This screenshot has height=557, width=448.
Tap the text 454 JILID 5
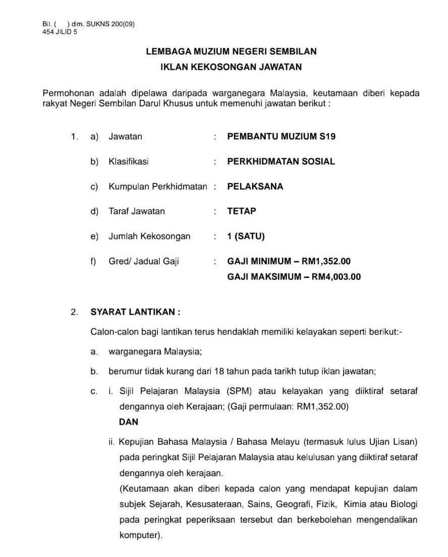60,31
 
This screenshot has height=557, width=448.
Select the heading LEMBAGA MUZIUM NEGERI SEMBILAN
231,51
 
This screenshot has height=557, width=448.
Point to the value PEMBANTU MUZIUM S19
281,136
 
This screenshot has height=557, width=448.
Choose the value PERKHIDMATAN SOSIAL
281,161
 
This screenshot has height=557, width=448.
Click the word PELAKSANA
255,186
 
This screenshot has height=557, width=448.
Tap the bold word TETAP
242,211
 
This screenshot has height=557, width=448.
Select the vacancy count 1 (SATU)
246,236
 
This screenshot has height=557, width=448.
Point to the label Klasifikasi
129,161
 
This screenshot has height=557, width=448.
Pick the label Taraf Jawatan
137,211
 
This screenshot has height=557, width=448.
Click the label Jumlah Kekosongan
149,236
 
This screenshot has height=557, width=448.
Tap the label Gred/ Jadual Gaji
144,261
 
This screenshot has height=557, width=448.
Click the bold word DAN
129,422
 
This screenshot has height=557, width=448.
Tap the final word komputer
140,535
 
